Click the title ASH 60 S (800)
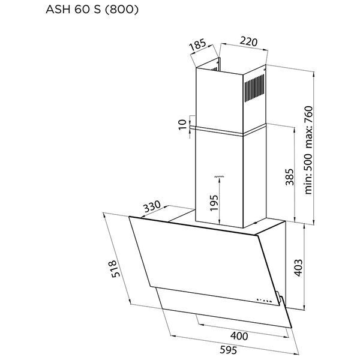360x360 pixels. pos(92,10)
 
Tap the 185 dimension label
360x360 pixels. pos(197,45)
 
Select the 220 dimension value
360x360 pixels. pos(248,41)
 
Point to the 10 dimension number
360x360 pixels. pos(183,125)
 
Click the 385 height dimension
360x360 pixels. pos(290,177)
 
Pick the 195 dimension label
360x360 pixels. pos(214,203)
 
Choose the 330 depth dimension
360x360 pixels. pos(152,206)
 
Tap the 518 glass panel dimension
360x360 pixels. pos(115,269)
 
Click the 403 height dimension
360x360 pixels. pos(298,268)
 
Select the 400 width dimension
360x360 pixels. pos(239,336)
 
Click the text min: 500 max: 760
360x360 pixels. pos(308,150)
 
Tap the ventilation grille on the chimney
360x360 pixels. pos(254,88)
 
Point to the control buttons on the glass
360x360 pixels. pos(264,300)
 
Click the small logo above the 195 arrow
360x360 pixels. pos(219,176)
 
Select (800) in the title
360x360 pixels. pos(122,10)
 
